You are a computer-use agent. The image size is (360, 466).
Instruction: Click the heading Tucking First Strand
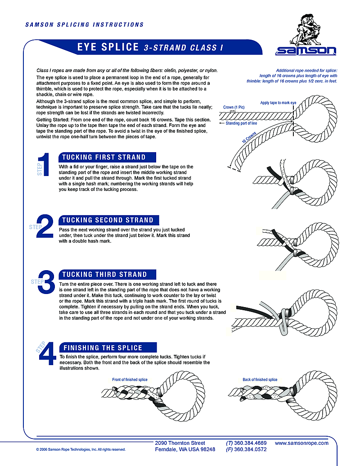pos(104,158)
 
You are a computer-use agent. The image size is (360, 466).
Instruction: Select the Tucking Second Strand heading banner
pos(108,220)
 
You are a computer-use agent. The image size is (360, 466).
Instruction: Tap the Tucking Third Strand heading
pos(105,275)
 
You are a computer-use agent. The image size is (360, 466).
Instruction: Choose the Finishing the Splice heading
pos(103,348)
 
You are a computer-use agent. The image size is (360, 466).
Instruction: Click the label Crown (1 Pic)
pos(234,108)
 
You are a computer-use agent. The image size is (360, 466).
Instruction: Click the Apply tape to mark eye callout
pos(278,103)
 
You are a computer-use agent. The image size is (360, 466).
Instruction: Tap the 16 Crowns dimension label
pos(249,138)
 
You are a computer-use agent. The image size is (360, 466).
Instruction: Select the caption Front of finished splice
pos(130,380)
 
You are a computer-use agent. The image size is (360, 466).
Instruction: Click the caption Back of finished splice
pos(260,380)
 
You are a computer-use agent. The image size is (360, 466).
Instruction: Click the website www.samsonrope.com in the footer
pos(301,443)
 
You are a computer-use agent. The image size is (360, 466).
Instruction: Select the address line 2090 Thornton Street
pos(180,443)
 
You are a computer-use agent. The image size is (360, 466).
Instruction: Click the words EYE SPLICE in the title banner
pos(108,47)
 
